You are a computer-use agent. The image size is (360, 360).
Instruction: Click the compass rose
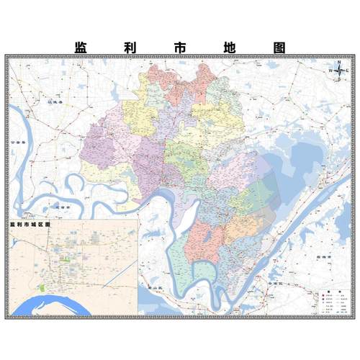[x=338, y=71]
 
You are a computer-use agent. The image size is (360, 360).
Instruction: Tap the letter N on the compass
[x=338, y=62]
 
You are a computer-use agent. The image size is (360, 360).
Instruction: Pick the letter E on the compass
[x=347, y=71]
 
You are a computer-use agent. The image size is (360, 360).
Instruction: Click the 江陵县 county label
[x=55, y=103]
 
